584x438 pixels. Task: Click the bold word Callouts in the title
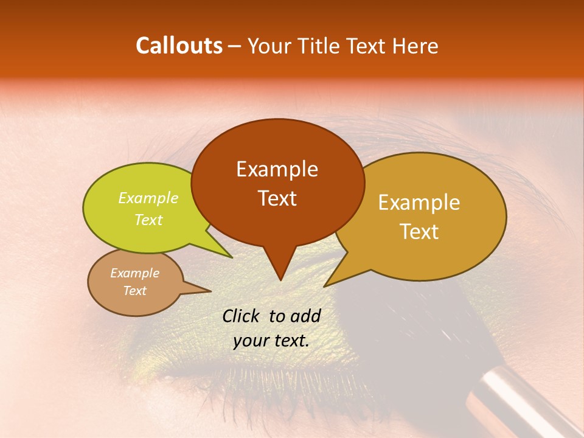179,46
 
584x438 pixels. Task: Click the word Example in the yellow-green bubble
148,198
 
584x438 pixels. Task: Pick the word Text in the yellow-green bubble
148,220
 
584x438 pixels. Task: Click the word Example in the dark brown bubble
277,169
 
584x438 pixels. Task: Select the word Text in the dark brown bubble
277,198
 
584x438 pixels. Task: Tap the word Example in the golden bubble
419,203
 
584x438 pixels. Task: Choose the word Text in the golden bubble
419,232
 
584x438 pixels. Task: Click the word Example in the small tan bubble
134,273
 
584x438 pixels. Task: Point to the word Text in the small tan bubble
134,291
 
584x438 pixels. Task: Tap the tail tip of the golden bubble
325,285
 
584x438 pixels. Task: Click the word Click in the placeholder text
242,316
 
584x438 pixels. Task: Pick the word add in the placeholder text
306,316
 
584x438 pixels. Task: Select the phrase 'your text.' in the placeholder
271,341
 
